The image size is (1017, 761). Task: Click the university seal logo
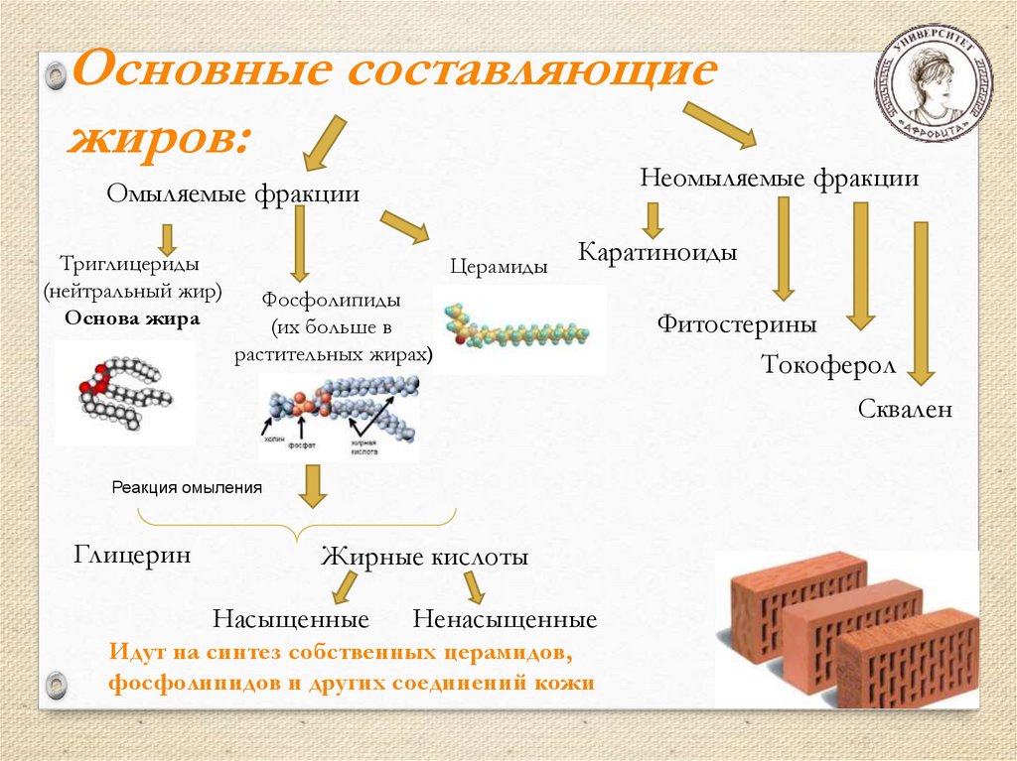coord(933,81)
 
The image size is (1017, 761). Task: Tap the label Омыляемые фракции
coord(232,193)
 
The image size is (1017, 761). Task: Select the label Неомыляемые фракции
coord(779,179)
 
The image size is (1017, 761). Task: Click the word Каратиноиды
coord(657,252)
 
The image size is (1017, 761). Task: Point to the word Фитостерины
coord(736,323)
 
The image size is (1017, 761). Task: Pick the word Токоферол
coord(828,364)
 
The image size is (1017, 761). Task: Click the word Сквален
coord(905,408)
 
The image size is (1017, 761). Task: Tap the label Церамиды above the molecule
coord(499,266)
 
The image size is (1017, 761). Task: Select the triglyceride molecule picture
coord(125,392)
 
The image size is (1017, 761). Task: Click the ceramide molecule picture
coord(519,329)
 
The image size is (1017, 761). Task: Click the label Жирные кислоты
coord(424,557)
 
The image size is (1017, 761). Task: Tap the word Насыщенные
coord(290,620)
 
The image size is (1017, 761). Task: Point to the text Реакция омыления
coord(187,487)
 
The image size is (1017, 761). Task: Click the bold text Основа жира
coord(132,318)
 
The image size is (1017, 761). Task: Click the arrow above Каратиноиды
coord(652,219)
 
